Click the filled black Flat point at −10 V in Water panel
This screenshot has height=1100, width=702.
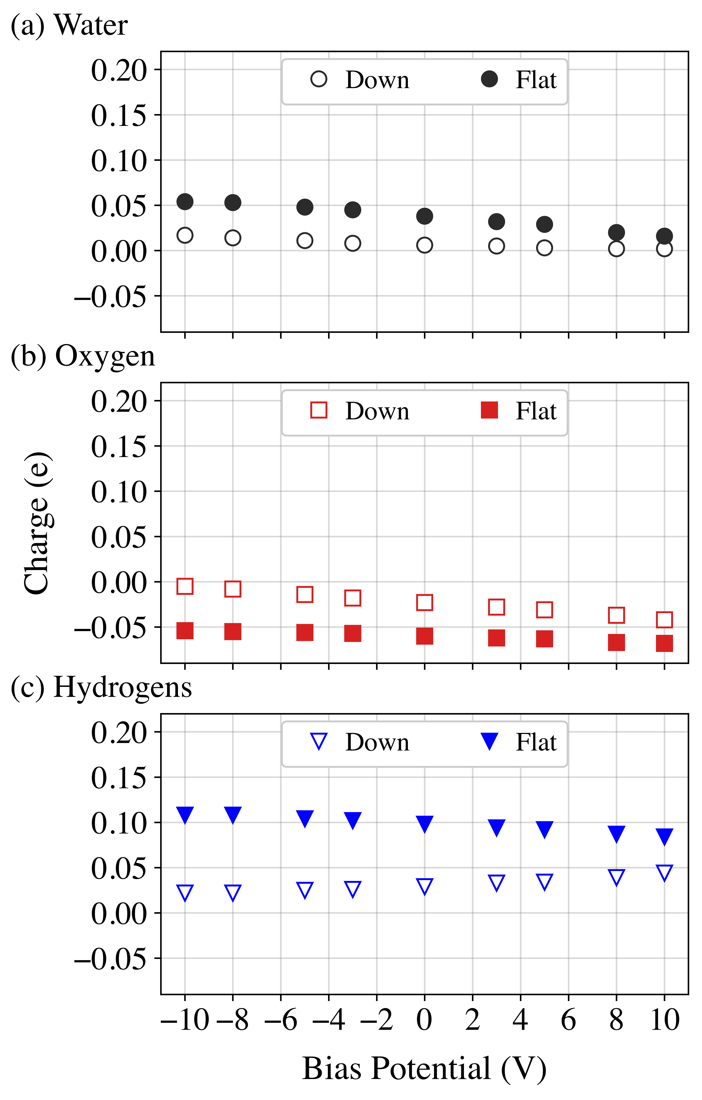(x=185, y=201)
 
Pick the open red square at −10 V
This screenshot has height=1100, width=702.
(x=185, y=586)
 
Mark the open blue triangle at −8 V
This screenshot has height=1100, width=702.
(x=233, y=892)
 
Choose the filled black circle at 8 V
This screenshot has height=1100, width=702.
(x=616, y=232)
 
